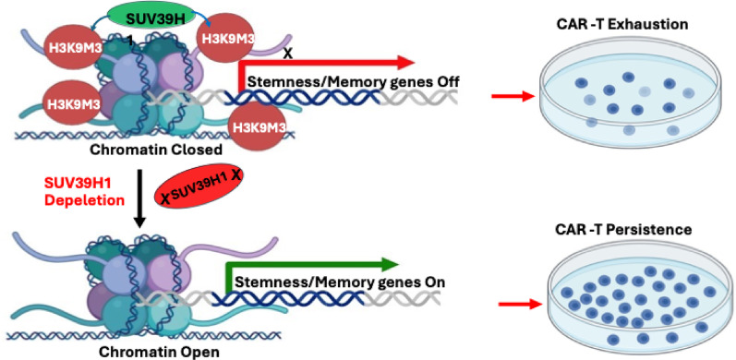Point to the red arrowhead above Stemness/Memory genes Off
tap(405, 62)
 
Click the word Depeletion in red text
tap(85, 200)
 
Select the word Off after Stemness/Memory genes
tap(446, 81)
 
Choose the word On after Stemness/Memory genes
tap(434, 283)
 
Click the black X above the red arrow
tap(288, 54)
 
